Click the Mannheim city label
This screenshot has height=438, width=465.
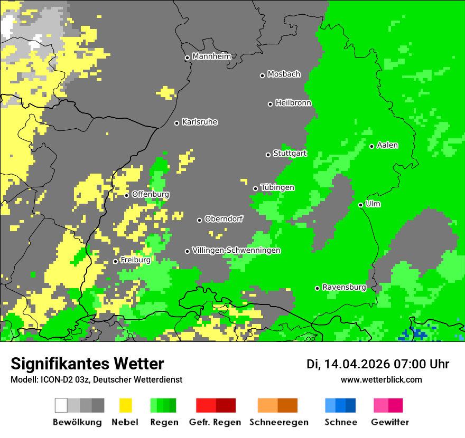[211, 56]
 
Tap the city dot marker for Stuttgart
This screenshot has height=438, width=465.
[268, 155]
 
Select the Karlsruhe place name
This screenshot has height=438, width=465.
[199, 122]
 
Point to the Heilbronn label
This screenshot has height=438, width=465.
[293, 103]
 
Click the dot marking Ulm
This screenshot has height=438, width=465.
[360, 205]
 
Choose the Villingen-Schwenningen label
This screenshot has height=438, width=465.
[236, 250]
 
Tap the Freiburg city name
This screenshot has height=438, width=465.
[135, 260]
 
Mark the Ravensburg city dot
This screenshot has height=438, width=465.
[317, 288]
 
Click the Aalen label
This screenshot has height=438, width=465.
[387, 145]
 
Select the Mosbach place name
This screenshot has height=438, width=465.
[284, 74]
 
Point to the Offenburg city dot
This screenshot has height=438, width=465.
[126, 195]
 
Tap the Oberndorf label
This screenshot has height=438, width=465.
[224, 219]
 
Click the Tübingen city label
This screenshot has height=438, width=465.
[277, 187]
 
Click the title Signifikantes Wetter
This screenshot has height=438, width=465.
[87, 364]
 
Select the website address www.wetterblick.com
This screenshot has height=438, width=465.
[381, 379]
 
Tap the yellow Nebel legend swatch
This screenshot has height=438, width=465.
[125, 405]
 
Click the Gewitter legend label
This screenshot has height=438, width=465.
[389, 422]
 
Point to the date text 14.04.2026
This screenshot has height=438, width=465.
[357, 364]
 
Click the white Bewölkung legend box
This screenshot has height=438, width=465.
[61, 405]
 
